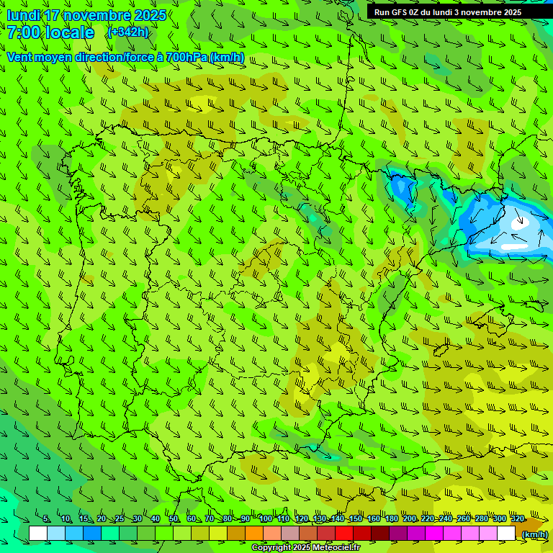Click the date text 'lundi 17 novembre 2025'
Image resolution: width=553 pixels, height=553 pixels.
[x=86, y=15]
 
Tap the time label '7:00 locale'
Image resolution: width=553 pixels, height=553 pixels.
[x=51, y=32]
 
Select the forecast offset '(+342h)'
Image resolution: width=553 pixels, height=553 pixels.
[x=127, y=32]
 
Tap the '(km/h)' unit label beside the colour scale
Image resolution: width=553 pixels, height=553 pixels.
[x=534, y=534]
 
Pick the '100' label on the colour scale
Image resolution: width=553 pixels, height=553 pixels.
[x=266, y=519]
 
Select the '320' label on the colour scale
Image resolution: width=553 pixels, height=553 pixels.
[x=517, y=519]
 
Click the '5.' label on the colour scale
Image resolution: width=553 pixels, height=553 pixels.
[x=47, y=519]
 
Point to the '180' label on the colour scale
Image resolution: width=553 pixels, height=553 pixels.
[x=391, y=519]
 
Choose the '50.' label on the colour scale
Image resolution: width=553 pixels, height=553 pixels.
[x=174, y=519]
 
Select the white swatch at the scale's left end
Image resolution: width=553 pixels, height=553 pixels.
[x=38, y=534]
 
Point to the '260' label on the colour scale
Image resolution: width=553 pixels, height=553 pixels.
[x=464, y=519]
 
